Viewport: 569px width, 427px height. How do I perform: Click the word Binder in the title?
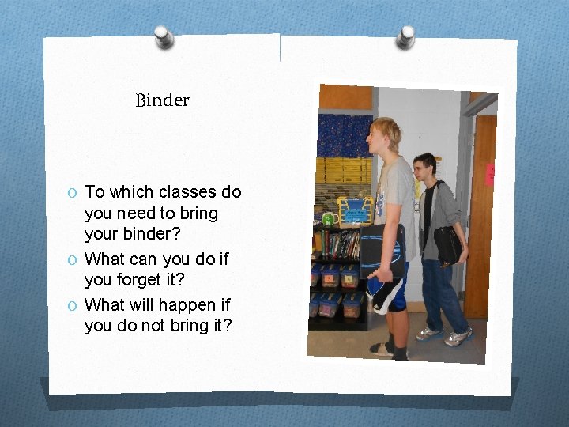(x=162, y=100)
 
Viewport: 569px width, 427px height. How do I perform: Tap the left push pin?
(x=164, y=36)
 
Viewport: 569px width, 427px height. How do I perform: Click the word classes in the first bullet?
(x=188, y=192)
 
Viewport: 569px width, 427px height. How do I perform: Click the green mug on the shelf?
(x=328, y=218)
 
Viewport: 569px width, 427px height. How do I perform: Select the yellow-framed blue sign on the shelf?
(x=356, y=211)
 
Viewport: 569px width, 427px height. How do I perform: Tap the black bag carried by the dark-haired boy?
(x=447, y=245)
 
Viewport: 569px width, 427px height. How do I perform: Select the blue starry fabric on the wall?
(x=345, y=135)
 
